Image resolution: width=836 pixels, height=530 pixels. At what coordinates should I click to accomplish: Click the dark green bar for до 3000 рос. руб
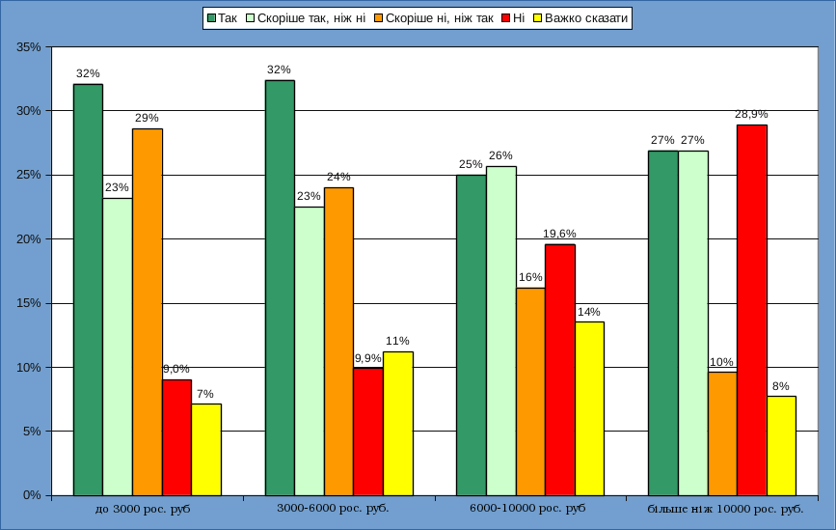[88, 290]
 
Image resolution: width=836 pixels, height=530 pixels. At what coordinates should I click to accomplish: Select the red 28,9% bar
[752, 309]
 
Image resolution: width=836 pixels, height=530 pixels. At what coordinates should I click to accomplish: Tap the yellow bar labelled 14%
[589, 408]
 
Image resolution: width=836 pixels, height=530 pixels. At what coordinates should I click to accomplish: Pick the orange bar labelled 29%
[148, 311]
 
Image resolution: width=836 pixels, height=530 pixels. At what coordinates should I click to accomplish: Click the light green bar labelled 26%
[501, 330]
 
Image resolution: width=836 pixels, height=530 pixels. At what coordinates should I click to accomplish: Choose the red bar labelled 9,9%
[368, 431]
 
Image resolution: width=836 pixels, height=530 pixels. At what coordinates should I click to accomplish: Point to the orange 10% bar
[722, 433]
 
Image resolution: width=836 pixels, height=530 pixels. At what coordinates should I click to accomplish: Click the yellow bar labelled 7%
[206, 449]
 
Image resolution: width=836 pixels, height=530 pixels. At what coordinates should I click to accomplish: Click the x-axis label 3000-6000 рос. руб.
[333, 508]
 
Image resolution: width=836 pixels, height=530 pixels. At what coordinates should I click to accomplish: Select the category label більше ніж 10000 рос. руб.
[725, 508]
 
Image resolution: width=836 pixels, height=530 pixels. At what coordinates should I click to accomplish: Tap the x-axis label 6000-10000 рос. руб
[527, 508]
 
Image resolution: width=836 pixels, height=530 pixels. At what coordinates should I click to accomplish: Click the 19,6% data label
[560, 233]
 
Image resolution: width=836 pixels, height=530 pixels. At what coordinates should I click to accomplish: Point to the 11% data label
[397, 341]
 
